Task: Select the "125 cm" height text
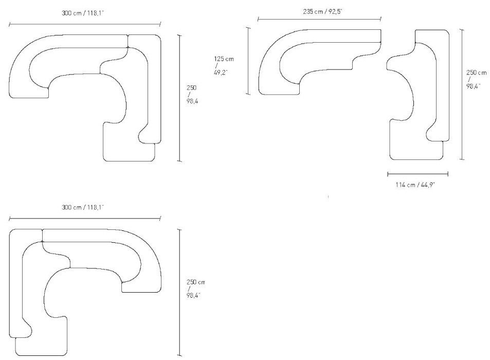[224, 59]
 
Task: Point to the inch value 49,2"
[221, 72]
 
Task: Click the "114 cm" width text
[405, 185]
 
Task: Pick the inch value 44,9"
[428, 185]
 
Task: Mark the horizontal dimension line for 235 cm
[319, 20]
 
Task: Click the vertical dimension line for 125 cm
[249, 61]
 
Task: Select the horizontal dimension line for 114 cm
[418, 174]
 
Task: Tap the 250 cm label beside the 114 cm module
[476, 79]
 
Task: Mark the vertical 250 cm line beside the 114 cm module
[462, 95]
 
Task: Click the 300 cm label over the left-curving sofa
[83, 13]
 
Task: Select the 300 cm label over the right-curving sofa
[83, 207]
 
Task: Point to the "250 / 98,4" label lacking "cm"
[192, 95]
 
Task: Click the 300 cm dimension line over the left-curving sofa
[85, 24]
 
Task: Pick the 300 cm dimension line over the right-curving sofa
[85, 218]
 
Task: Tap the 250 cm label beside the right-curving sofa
[195, 289]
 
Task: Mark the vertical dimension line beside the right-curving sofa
[179, 293]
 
